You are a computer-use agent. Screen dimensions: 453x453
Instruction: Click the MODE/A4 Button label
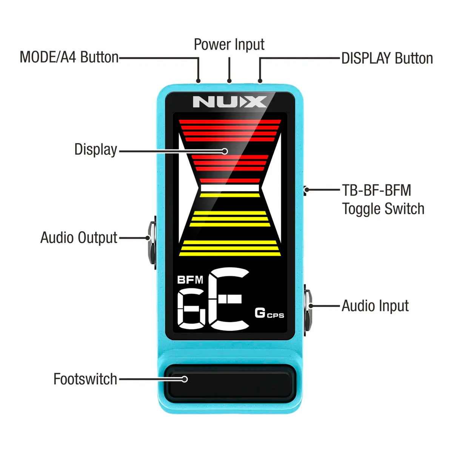coord(69,57)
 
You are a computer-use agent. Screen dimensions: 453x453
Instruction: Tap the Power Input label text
coord(229,45)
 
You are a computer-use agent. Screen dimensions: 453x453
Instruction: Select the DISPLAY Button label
coord(387,59)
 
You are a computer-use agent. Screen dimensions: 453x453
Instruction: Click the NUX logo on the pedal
coord(230,102)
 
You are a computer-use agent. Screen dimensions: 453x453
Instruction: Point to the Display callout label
coord(96,149)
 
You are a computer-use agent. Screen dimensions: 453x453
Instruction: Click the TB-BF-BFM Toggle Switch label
coord(383,199)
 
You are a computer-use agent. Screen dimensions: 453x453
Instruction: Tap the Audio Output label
coord(79,238)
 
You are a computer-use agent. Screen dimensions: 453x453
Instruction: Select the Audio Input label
coord(375,306)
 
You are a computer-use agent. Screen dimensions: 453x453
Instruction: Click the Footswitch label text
coord(85,379)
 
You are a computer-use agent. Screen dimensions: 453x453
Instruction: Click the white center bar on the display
coord(230,188)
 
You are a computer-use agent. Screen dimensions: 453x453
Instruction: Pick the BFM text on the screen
coord(190,280)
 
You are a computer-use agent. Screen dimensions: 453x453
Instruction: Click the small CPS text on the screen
coord(276,315)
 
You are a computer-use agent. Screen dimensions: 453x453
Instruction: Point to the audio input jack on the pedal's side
coord(308,310)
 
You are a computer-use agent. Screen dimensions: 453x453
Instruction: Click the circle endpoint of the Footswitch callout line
coord(185,379)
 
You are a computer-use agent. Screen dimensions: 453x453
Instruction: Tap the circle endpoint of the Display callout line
coord(225,151)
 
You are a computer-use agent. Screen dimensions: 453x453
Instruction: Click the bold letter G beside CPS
coord(260,313)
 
